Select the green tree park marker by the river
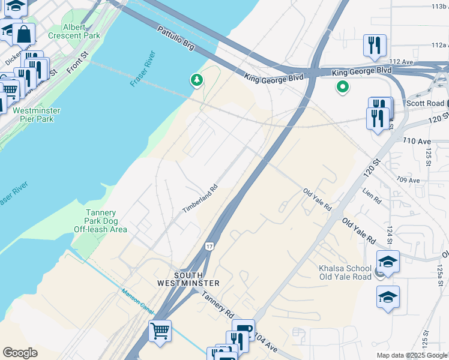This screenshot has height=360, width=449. (x=196, y=80)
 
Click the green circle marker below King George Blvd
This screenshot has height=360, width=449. (x=342, y=87)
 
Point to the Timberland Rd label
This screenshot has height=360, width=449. (x=199, y=198)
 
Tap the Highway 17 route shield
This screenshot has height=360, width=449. (x=209, y=246)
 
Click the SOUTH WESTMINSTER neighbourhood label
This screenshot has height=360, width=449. (x=188, y=278)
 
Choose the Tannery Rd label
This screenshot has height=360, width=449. (x=217, y=305)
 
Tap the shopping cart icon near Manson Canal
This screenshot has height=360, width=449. (x=160, y=331)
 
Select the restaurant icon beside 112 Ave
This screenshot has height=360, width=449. (x=375, y=44)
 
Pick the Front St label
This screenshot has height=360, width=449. (x=77, y=62)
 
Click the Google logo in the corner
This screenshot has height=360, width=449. (x=20, y=353)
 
